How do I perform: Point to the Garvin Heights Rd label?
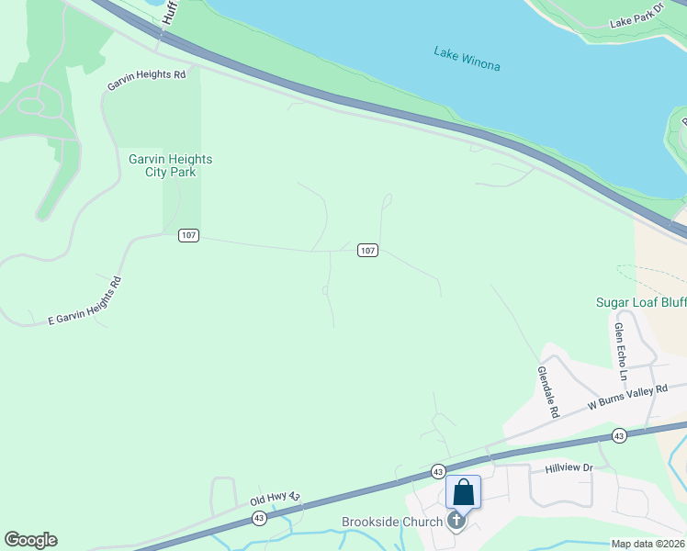[x=146, y=80]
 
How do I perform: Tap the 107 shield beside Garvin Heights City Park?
[x=188, y=236]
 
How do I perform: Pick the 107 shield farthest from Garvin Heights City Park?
[x=367, y=251]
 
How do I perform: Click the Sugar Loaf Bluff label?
[x=640, y=302]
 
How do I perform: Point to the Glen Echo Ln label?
[x=621, y=352]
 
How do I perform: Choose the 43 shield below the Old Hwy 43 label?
[x=259, y=519]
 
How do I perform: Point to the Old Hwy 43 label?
[x=276, y=499]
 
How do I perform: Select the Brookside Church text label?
[x=393, y=522]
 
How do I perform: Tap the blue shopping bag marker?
[x=464, y=491]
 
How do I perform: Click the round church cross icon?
[x=456, y=522]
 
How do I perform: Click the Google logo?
[x=30, y=540]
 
